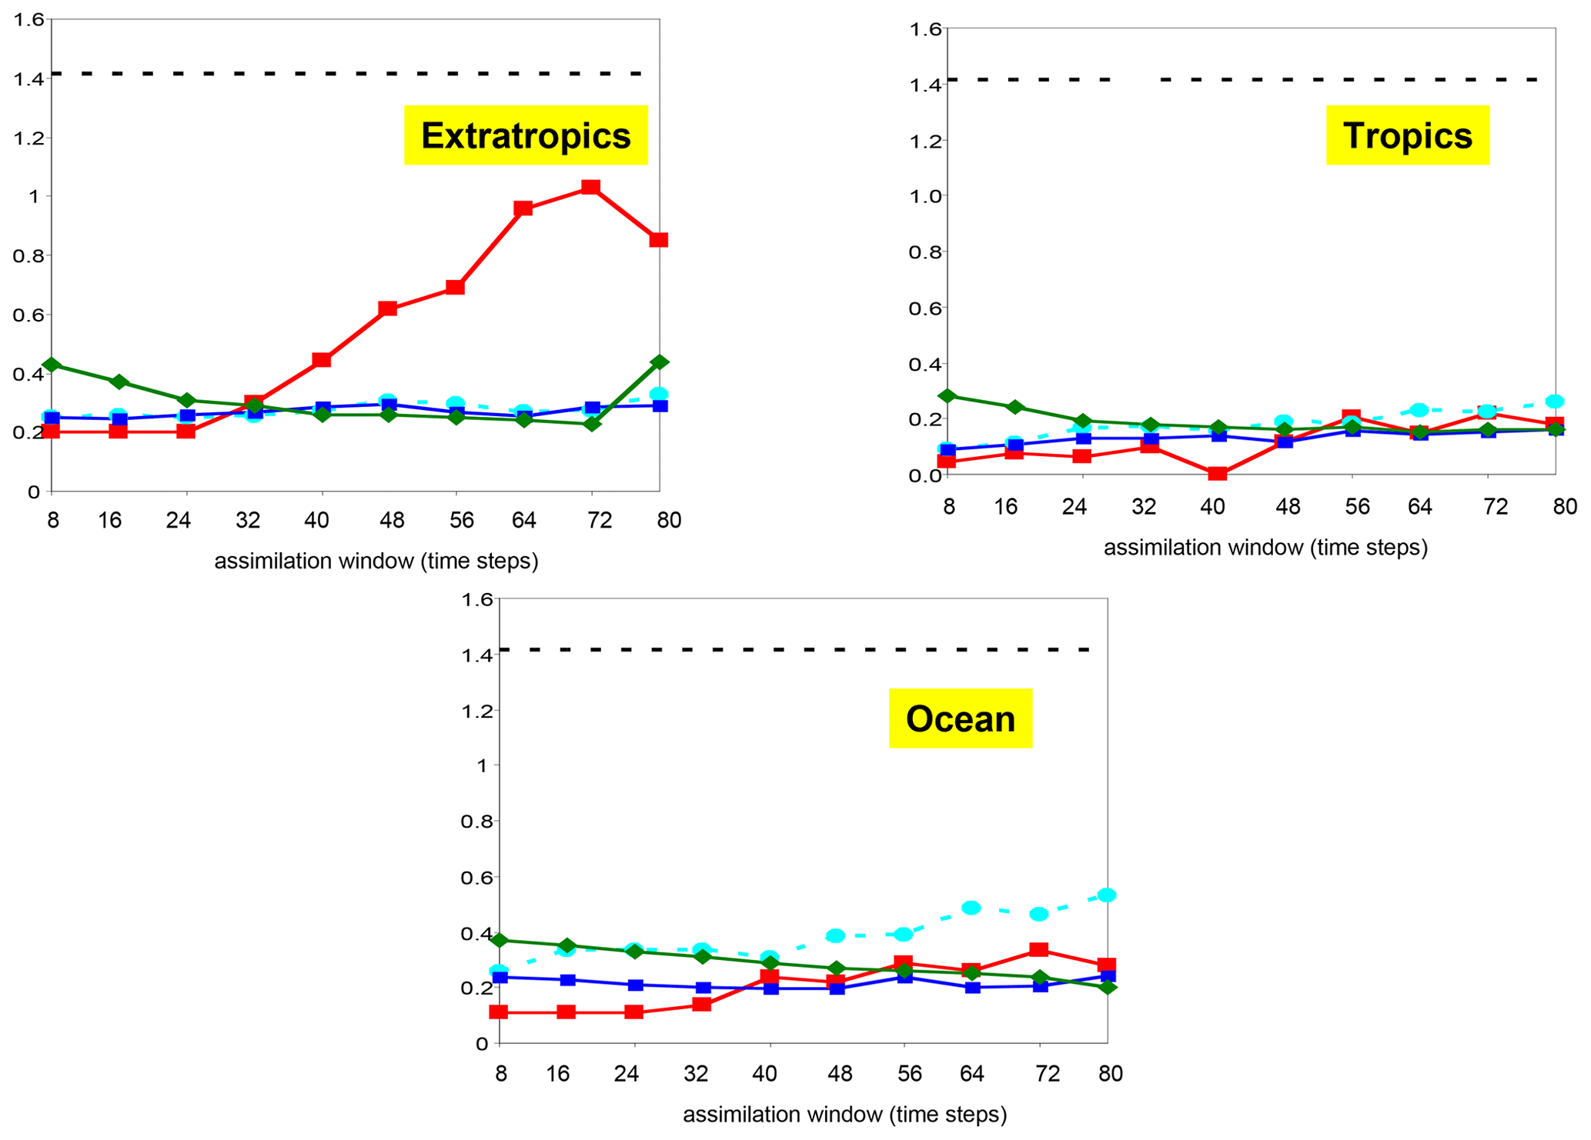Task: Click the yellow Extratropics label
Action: pyautogui.click(x=526, y=135)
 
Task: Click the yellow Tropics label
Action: pyautogui.click(x=1407, y=135)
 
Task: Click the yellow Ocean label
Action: pyautogui.click(x=960, y=718)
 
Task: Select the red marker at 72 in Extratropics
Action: pyautogui.click(x=590, y=187)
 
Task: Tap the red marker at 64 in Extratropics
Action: pyautogui.click(x=523, y=208)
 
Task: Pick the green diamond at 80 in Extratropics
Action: pyautogui.click(x=659, y=362)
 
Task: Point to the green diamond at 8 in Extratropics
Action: pyautogui.click(x=52, y=365)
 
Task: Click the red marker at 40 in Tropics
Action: pyautogui.click(x=1217, y=473)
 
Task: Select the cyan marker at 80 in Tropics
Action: pyautogui.click(x=1555, y=402)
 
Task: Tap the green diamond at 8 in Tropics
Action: pyautogui.click(x=948, y=396)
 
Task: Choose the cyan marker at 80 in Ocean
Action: pyautogui.click(x=1107, y=895)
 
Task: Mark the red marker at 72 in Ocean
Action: pyautogui.click(x=1039, y=950)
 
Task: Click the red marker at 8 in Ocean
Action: pyautogui.click(x=499, y=1012)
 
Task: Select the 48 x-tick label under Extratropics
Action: pyautogui.click(x=392, y=521)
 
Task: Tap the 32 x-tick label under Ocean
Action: pyautogui.click(x=696, y=1073)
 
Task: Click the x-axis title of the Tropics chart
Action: pyautogui.click(x=1265, y=548)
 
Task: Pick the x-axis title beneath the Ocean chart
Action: pyautogui.click(x=844, y=1115)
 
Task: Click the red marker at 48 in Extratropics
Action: pyautogui.click(x=388, y=308)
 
